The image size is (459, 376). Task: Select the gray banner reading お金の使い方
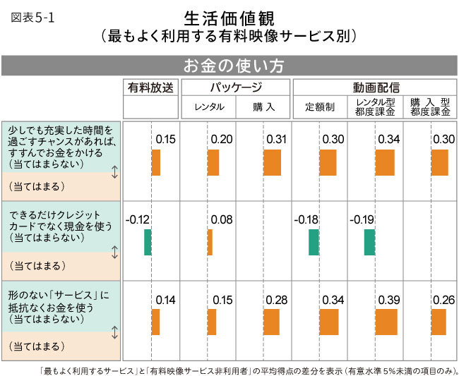pyautogui.click(x=230, y=66)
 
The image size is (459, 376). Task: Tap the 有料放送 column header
pyautogui.click(x=150, y=88)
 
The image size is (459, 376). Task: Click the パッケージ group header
pyautogui.click(x=236, y=88)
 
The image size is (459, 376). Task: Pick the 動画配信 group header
pyautogui.click(x=376, y=88)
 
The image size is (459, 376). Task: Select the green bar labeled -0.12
pyautogui.click(x=148, y=242)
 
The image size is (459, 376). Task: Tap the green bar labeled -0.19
pyautogui.click(x=369, y=242)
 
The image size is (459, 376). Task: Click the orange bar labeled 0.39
pyautogui.click(x=386, y=322)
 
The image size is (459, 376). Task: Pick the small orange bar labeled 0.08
pyautogui.click(x=210, y=242)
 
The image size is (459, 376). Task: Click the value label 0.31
pyautogui.click(x=276, y=140)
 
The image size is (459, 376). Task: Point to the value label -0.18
pyautogui.click(x=306, y=220)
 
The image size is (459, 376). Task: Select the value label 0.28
pyautogui.click(x=276, y=301)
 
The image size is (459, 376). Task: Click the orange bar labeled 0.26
pyautogui.click(x=439, y=322)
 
